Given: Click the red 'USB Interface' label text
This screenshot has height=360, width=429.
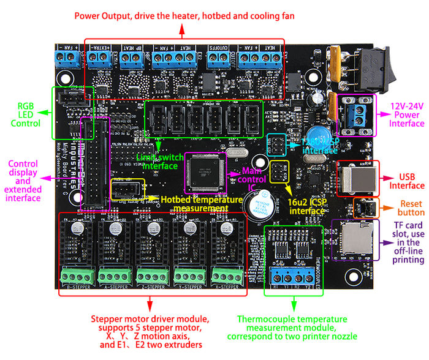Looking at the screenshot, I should coord(407,181).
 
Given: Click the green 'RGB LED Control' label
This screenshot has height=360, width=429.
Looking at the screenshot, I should coord(25,114).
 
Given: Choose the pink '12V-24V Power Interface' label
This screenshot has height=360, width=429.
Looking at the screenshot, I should coord(408,114).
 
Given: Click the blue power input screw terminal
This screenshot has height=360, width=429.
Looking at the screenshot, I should coord(355,114).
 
